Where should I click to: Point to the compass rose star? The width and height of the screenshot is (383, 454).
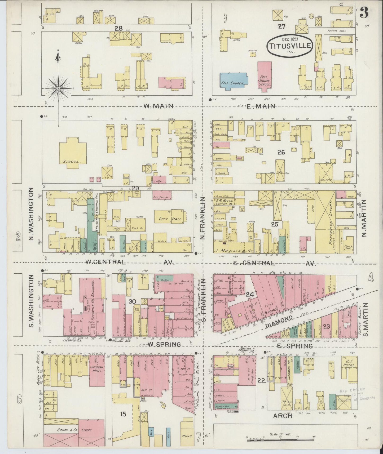[x=58, y=87]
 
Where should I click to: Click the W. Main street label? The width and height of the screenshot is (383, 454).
[x=159, y=106]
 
